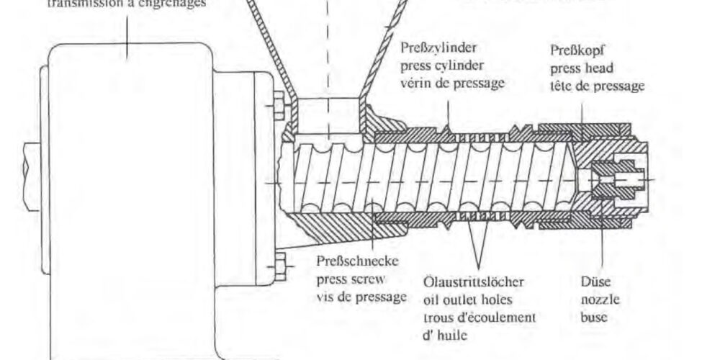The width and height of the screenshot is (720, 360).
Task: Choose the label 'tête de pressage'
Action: coord(597,86)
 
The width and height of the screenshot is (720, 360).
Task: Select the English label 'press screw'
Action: coord(346,279)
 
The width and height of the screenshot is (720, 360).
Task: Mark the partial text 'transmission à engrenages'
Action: coord(126,4)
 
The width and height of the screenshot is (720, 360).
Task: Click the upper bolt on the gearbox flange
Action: coord(277,110)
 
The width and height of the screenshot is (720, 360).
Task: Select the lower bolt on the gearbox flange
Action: coord(277,262)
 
